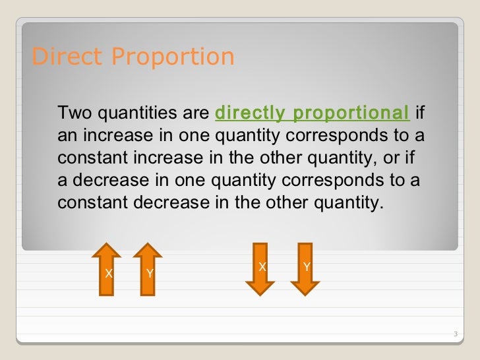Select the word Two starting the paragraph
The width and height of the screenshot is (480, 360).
click(x=75, y=113)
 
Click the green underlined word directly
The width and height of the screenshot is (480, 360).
click(x=251, y=113)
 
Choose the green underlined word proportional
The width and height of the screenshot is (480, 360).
click(x=350, y=113)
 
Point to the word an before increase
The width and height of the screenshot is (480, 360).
click(x=67, y=136)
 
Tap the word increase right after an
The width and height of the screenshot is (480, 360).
click(x=109, y=136)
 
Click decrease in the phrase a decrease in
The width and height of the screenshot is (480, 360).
click(x=102, y=180)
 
